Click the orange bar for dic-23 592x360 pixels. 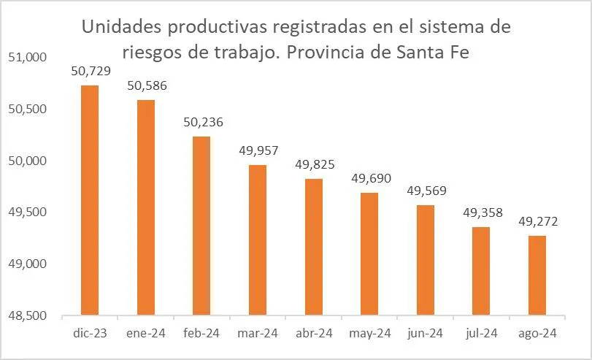tap(90, 200)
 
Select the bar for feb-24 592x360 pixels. tap(201, 226)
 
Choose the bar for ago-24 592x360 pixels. tap(537, 275)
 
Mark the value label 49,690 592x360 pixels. tap(370, 179)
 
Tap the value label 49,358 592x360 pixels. tap(481, 213)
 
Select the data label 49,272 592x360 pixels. tap(537, 221)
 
